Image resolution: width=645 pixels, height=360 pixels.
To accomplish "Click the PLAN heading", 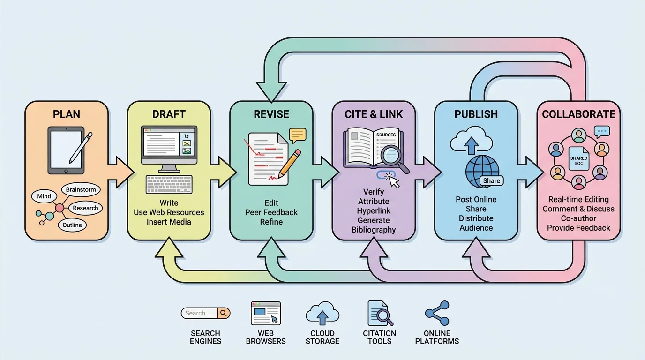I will [67, 114].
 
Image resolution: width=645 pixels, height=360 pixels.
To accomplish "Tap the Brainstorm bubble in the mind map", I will [81, 190].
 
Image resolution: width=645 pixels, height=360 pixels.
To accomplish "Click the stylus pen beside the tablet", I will [81, 147].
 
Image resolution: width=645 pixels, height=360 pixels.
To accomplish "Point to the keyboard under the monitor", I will [169, 184].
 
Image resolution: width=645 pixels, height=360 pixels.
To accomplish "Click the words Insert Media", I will [169, 222].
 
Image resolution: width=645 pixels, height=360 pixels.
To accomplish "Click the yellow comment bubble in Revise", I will [297, 135].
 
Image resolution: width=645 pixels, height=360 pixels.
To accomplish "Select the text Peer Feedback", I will [271, 212].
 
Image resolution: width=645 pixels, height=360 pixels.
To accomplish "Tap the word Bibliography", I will [374, 230].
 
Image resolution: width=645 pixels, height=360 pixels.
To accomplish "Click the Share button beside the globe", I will [491, 180].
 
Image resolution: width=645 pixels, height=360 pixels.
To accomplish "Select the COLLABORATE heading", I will [578, 114].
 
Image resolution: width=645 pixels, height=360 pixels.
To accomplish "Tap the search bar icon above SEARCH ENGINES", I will [205, 313].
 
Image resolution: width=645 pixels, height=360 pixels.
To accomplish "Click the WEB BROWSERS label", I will [266, 337].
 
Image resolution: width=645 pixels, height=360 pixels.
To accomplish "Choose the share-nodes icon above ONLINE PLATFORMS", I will [437, 313].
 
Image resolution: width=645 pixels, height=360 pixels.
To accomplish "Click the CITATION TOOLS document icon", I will [379, 313].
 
